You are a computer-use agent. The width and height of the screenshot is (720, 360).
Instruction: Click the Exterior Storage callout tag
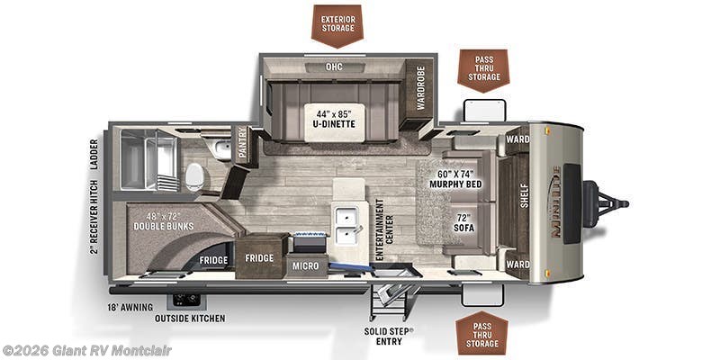tap(337, 23)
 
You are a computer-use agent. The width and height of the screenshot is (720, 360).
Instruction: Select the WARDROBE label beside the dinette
tap(419, 92)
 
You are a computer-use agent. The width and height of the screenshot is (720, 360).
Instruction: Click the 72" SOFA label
tap(463, 222)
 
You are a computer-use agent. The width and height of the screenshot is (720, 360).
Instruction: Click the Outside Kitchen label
tap(190, 319)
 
